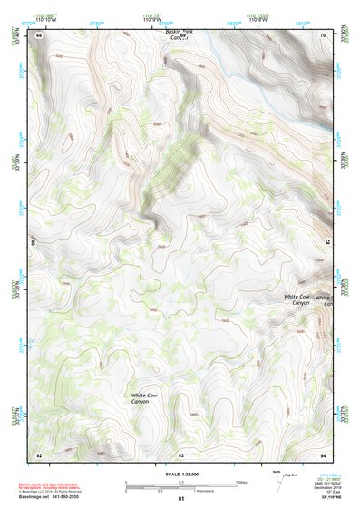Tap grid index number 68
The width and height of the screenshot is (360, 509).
(39, 34)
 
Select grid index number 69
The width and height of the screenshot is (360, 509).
(181, 34)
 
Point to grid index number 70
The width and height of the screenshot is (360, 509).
(325, 34)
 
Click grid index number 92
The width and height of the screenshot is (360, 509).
(39, 454)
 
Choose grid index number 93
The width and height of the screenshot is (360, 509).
(181, 454)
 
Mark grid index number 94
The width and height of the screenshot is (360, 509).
(325, 454)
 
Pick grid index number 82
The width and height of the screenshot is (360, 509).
(326, 244)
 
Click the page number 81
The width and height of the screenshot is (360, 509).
(181, 499)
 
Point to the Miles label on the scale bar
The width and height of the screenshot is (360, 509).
(241, 482)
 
